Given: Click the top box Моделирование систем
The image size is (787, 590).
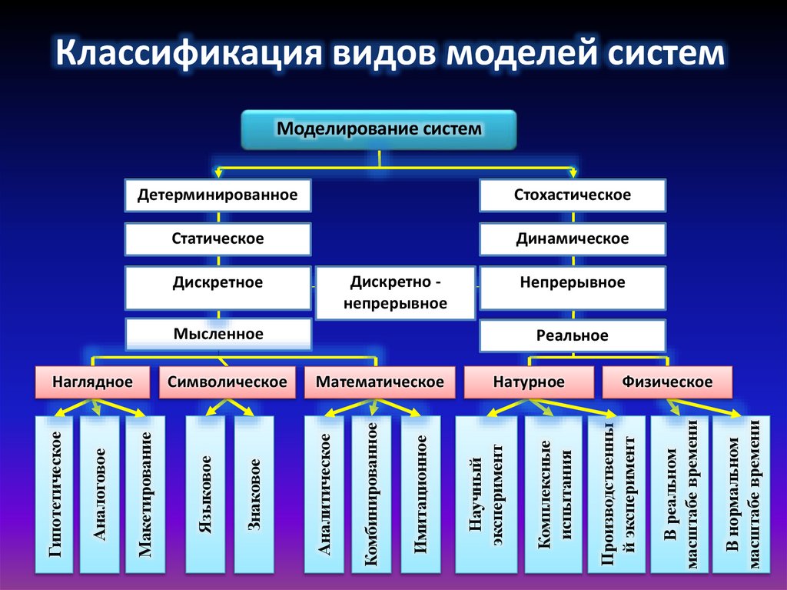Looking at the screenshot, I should click(379, 129).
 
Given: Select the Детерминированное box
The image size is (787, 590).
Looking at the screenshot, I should click(218, 195).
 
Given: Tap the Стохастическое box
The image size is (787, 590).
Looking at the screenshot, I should click(572, 195).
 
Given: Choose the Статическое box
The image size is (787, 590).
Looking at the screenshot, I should click(218, 239).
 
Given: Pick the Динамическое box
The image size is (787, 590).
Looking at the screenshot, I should click(572, 239).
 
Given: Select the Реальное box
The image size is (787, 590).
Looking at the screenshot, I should click(572, 336).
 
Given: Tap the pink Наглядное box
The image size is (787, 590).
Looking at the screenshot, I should click(92, 382).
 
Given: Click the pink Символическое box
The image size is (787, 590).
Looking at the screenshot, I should click(227, 382).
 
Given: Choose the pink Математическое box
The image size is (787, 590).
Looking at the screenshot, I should click(379, 382).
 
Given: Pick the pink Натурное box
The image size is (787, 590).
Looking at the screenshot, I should click(528, 382).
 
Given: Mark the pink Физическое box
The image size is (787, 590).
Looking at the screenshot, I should click(667, 382).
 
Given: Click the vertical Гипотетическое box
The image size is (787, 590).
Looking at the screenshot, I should click(55, 494).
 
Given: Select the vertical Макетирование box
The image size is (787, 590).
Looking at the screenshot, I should click(144, 494).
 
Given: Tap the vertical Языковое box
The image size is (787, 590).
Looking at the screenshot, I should click(205, 494).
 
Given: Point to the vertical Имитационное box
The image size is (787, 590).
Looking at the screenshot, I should click(420, 494).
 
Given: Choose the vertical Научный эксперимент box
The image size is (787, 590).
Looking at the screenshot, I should click(486, 494).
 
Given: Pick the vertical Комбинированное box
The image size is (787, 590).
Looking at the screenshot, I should click(372, 494).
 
